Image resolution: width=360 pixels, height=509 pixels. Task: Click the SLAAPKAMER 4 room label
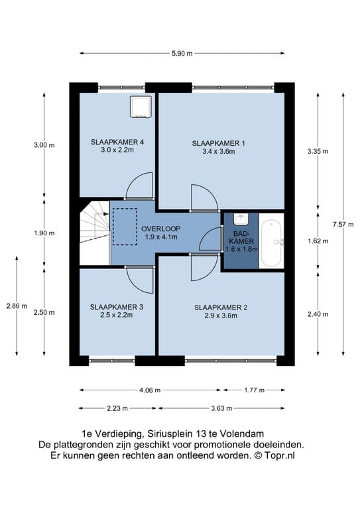pos(117,146)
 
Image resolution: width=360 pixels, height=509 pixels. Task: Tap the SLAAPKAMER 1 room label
pos(219,147)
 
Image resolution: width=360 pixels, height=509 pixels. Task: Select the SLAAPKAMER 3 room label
pos(117,311)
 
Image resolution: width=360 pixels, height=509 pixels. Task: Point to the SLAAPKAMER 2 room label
pos(221,311)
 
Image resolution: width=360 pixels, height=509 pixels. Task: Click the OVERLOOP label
pos(160,233)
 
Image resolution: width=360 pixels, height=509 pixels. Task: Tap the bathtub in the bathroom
pos(271,241)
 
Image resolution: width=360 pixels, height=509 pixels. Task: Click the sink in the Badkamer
pos(241,219)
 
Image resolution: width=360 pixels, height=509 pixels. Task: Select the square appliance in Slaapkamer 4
pos(141,107)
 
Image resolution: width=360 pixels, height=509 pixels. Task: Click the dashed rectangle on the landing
pos(125,227)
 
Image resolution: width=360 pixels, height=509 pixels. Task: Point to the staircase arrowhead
pos(106,214)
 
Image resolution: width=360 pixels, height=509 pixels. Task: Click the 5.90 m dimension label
pos(182,53)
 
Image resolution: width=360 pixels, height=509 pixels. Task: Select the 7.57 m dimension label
pos(343,224)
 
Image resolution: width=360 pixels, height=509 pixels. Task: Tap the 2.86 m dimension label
pos(17,306)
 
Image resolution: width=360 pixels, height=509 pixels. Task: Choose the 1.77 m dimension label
pos(254,390)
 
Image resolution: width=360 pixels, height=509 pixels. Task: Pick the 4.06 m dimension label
pos(150,390)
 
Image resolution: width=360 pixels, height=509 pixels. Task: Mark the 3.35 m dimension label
pos(318,151)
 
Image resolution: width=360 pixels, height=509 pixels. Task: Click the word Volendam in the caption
pos(242,433)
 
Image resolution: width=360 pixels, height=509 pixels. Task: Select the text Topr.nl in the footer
pos(279,455)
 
